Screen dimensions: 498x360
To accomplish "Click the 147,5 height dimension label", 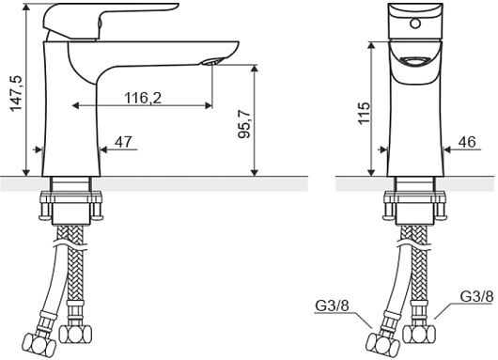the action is tap(16, 93).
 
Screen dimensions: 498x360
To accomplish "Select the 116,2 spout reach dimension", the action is tap(143, 98).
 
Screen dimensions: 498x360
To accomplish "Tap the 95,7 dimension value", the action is tap(244, 125).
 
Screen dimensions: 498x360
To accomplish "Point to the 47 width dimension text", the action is tap(123, 142).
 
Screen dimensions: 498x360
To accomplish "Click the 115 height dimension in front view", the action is tap(365, 114).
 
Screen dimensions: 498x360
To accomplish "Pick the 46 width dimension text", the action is tap(467, 142).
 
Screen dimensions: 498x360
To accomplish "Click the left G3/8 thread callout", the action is tap(332, 306).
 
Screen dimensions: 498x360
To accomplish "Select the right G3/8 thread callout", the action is tap(476, 297).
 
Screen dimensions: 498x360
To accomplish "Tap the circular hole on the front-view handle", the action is tap(415, 23).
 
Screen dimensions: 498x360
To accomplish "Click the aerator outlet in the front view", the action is tap(415, 61).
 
